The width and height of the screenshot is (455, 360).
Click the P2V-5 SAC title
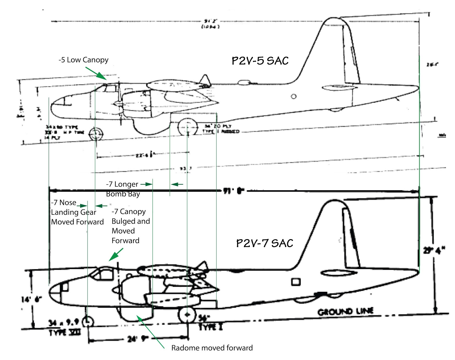[260, 61]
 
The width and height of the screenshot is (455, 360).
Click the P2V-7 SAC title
[264, 243]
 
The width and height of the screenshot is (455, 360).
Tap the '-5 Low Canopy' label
[83, 60]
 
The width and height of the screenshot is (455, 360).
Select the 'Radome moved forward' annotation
[212, 348]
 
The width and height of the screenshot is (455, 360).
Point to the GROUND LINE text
[345, 312]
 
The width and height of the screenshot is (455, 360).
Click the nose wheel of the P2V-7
[88, 322]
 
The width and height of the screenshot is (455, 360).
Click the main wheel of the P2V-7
[187, 315]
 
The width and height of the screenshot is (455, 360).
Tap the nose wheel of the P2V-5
[96, 134]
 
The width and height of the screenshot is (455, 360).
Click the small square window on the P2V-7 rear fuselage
[296, 282]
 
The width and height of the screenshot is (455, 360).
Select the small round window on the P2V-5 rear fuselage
[293, 96]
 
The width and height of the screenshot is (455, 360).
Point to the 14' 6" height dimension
[31, 299]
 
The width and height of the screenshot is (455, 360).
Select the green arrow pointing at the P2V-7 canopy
[116, 255]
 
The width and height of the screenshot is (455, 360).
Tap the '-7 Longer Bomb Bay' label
[123, 189]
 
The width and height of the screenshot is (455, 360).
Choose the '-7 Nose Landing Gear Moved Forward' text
[77, 212]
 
